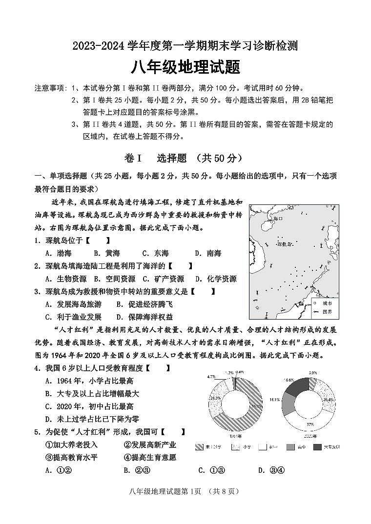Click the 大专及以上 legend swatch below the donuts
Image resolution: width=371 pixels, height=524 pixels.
(x=318, y=446)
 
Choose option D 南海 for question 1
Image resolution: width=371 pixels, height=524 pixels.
(x=208, y=253)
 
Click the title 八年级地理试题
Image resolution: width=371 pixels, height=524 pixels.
(x=185, y=67)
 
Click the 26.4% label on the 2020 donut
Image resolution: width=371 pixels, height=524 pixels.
(x=329, y=400)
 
